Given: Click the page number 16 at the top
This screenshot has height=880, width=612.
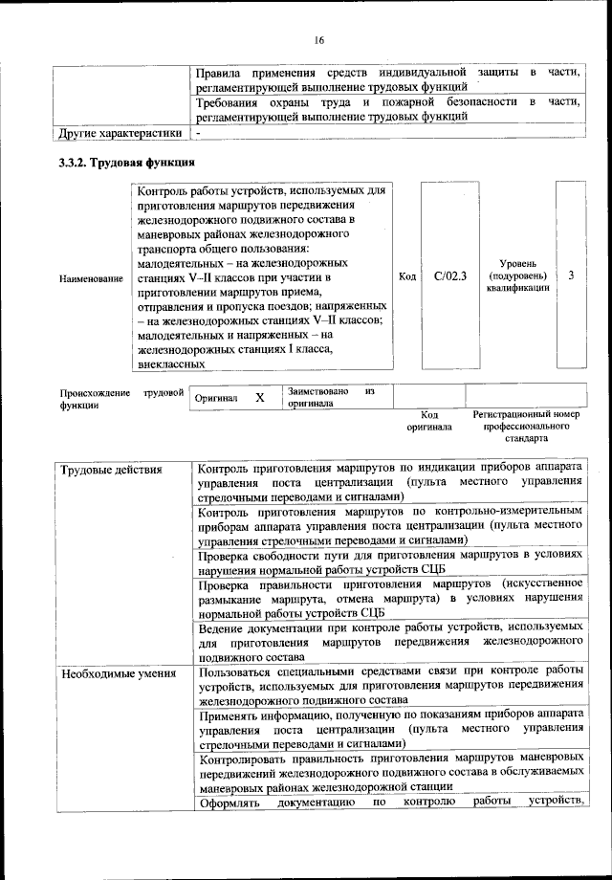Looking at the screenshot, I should pos(318,39).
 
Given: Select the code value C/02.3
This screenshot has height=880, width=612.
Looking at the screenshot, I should pos(448,276).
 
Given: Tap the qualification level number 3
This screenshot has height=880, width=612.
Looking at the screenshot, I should pos(570,276).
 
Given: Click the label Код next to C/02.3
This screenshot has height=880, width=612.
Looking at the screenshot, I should pos(406,276).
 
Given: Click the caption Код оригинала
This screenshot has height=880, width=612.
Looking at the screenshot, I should pos(427,422).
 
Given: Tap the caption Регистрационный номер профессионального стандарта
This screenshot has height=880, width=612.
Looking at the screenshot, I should pos(526,427).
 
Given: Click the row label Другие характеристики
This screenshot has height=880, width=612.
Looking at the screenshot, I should pos(120,132).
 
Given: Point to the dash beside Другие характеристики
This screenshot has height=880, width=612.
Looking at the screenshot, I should pos(197,132).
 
